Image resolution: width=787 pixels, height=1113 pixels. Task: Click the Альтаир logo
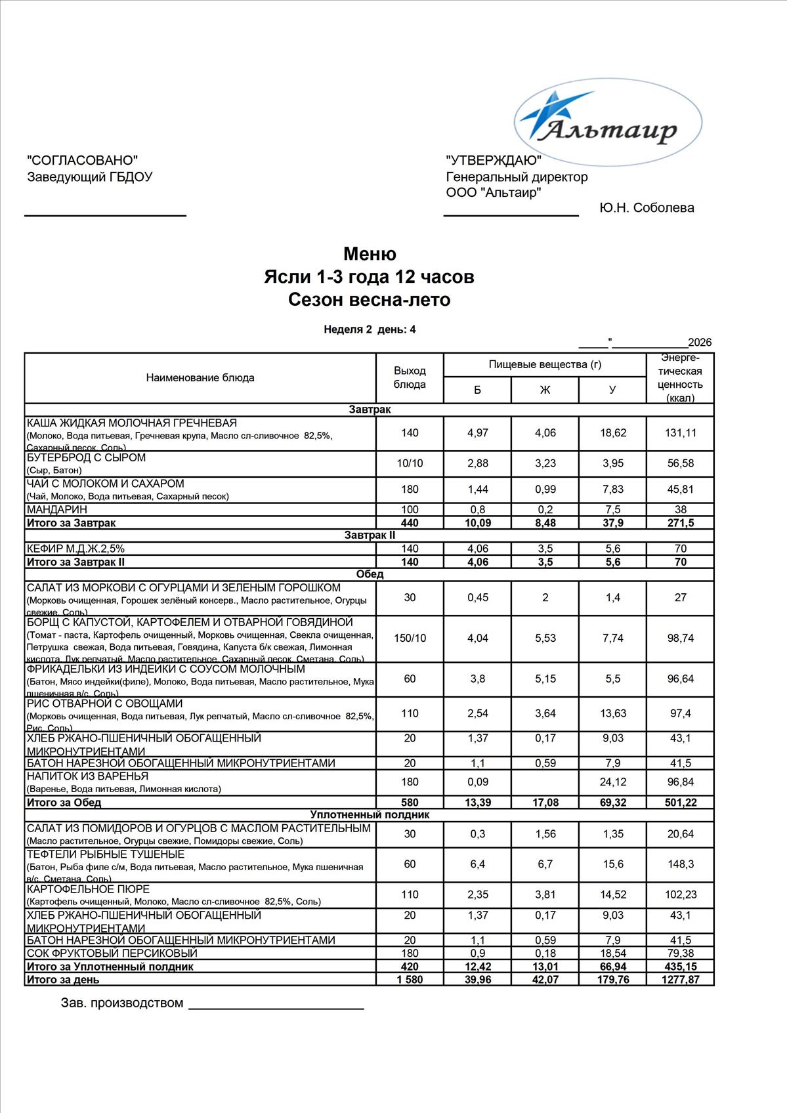point(607,124)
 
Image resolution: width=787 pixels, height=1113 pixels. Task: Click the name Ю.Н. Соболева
point(647,208)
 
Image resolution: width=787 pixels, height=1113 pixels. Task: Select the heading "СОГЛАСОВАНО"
point(83,160)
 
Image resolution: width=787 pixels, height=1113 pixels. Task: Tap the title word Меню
point(370,254)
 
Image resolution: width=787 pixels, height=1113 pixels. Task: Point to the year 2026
point(700,343)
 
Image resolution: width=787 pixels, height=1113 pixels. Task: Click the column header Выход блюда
point(410,378)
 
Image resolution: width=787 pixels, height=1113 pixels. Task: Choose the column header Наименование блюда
point(200,378)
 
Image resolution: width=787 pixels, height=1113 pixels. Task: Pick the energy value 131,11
point(680,433)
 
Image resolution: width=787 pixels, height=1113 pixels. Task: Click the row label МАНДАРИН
point(57,509)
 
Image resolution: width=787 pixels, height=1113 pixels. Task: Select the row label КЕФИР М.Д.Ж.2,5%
point(75,549)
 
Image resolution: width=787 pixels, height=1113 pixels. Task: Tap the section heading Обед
point(370,574)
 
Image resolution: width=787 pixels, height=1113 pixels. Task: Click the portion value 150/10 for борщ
point(410,638)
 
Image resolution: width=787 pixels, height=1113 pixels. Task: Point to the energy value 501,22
point(680,803)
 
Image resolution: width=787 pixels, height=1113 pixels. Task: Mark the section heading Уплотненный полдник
point(370,815)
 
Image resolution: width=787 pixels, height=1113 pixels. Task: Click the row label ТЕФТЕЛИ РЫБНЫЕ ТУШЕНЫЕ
point(106,854)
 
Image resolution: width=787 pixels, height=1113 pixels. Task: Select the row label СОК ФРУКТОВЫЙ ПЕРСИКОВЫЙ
point(112,953)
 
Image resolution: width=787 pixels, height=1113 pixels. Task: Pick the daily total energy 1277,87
point(680,980)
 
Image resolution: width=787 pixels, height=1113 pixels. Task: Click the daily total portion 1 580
point(410,980)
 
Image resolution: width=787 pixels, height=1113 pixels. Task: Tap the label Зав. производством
point(122,1003)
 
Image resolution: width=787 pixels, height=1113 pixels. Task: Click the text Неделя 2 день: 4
point(370,329)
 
